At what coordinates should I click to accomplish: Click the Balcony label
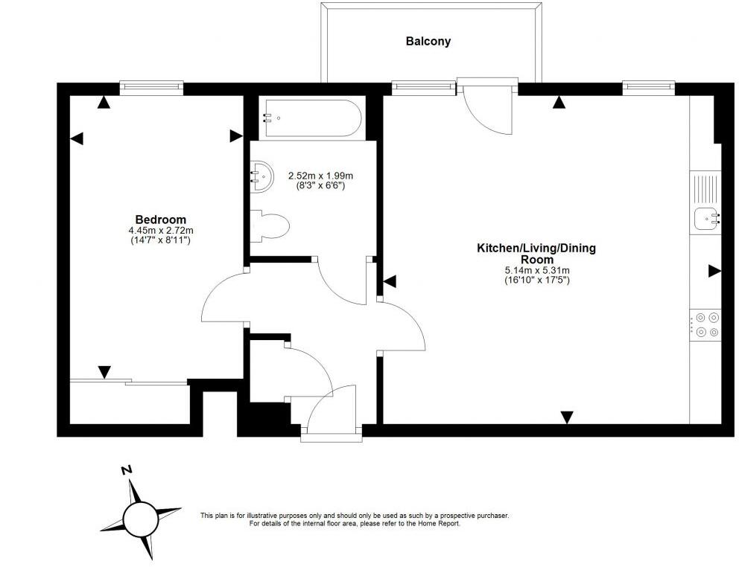pos(428,42)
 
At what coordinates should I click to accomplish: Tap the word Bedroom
pos(161,220)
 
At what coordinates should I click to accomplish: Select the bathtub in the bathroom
pos(313,118)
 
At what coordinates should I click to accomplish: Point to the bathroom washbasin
pos(261,176)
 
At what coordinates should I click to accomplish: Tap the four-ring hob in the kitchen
pos(705,325)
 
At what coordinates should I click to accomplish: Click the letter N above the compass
pos(127,470)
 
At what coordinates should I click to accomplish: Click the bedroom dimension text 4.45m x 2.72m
pos(161,231)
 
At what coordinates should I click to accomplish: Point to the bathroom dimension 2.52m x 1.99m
pos(320,176)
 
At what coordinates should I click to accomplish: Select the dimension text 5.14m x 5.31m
pos(537,271)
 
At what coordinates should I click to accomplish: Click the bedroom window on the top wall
pos(151,86)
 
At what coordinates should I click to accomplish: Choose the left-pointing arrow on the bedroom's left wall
pos(76,138)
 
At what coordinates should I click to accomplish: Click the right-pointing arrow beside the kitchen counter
pos(715,271)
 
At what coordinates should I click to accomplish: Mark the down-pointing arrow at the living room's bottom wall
pos(567,417)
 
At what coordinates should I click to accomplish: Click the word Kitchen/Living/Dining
pos(537,249)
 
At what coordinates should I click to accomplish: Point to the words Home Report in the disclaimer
pos(441,524)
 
